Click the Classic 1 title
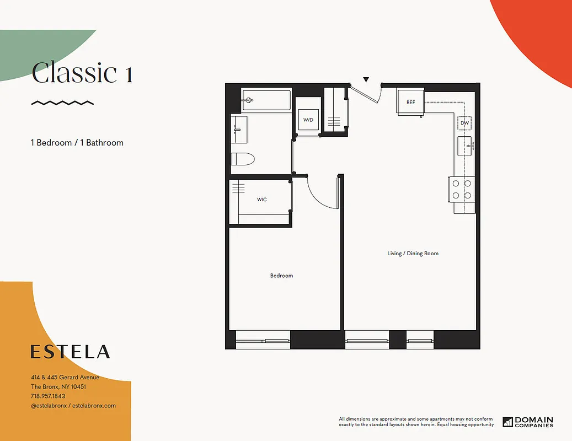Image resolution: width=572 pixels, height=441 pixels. (82, 73)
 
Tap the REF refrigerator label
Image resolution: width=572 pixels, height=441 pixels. (410, 103)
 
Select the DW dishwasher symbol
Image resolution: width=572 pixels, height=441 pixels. (464, 123)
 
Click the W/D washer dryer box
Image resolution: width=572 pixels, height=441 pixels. (308, 120)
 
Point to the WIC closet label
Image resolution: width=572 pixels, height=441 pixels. (261, 200)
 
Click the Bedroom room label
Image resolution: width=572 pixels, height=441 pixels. (281, 276)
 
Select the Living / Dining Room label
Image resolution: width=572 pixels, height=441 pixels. (413, 254)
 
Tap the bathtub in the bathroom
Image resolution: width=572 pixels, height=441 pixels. (267, 100)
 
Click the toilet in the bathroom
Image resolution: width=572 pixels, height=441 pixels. (243, 160)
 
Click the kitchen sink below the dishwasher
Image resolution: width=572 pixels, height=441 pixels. (464, 147)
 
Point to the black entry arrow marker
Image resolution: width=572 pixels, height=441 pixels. (365, 80)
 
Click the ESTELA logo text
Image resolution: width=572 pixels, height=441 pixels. (70, 352)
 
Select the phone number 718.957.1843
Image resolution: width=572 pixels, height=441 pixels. (48, 396)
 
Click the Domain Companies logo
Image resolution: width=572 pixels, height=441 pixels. (528, 422)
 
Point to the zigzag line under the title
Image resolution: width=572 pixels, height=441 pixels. (62, 103)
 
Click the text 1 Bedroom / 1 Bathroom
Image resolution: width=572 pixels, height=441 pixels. (77, 143)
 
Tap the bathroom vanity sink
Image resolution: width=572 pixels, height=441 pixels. (239, 128)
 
